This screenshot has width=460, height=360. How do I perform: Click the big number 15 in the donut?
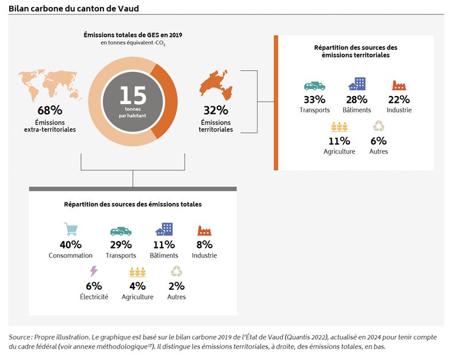click(133, 95)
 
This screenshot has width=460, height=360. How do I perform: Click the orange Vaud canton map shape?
click(216, 85)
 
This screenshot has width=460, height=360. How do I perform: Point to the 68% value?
click(50, 110)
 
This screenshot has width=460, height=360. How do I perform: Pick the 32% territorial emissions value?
click(216, 110)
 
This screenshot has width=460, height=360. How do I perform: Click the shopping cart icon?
click(71, 229)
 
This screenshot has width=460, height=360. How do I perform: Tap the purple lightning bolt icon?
click(94, 271)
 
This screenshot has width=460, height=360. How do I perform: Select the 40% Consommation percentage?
click(71, 244)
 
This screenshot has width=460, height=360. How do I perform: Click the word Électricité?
click(94, 297)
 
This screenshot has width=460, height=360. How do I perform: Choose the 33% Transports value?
click(315, 99)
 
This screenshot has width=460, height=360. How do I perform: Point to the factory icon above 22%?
click(399, 85)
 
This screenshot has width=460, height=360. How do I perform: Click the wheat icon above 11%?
click(339, 127)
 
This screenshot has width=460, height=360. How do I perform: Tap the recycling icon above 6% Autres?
click(379, 126)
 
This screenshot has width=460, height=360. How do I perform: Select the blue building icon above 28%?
click(357, 84)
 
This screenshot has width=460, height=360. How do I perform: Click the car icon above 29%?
click(121, 232)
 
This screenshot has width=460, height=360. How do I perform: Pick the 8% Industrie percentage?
click(204, 244)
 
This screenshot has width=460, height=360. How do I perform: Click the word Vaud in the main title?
click(128, 9)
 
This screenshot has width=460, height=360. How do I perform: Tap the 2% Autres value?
click(177, 286)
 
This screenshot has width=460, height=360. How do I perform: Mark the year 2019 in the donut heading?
click(175, 35)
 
